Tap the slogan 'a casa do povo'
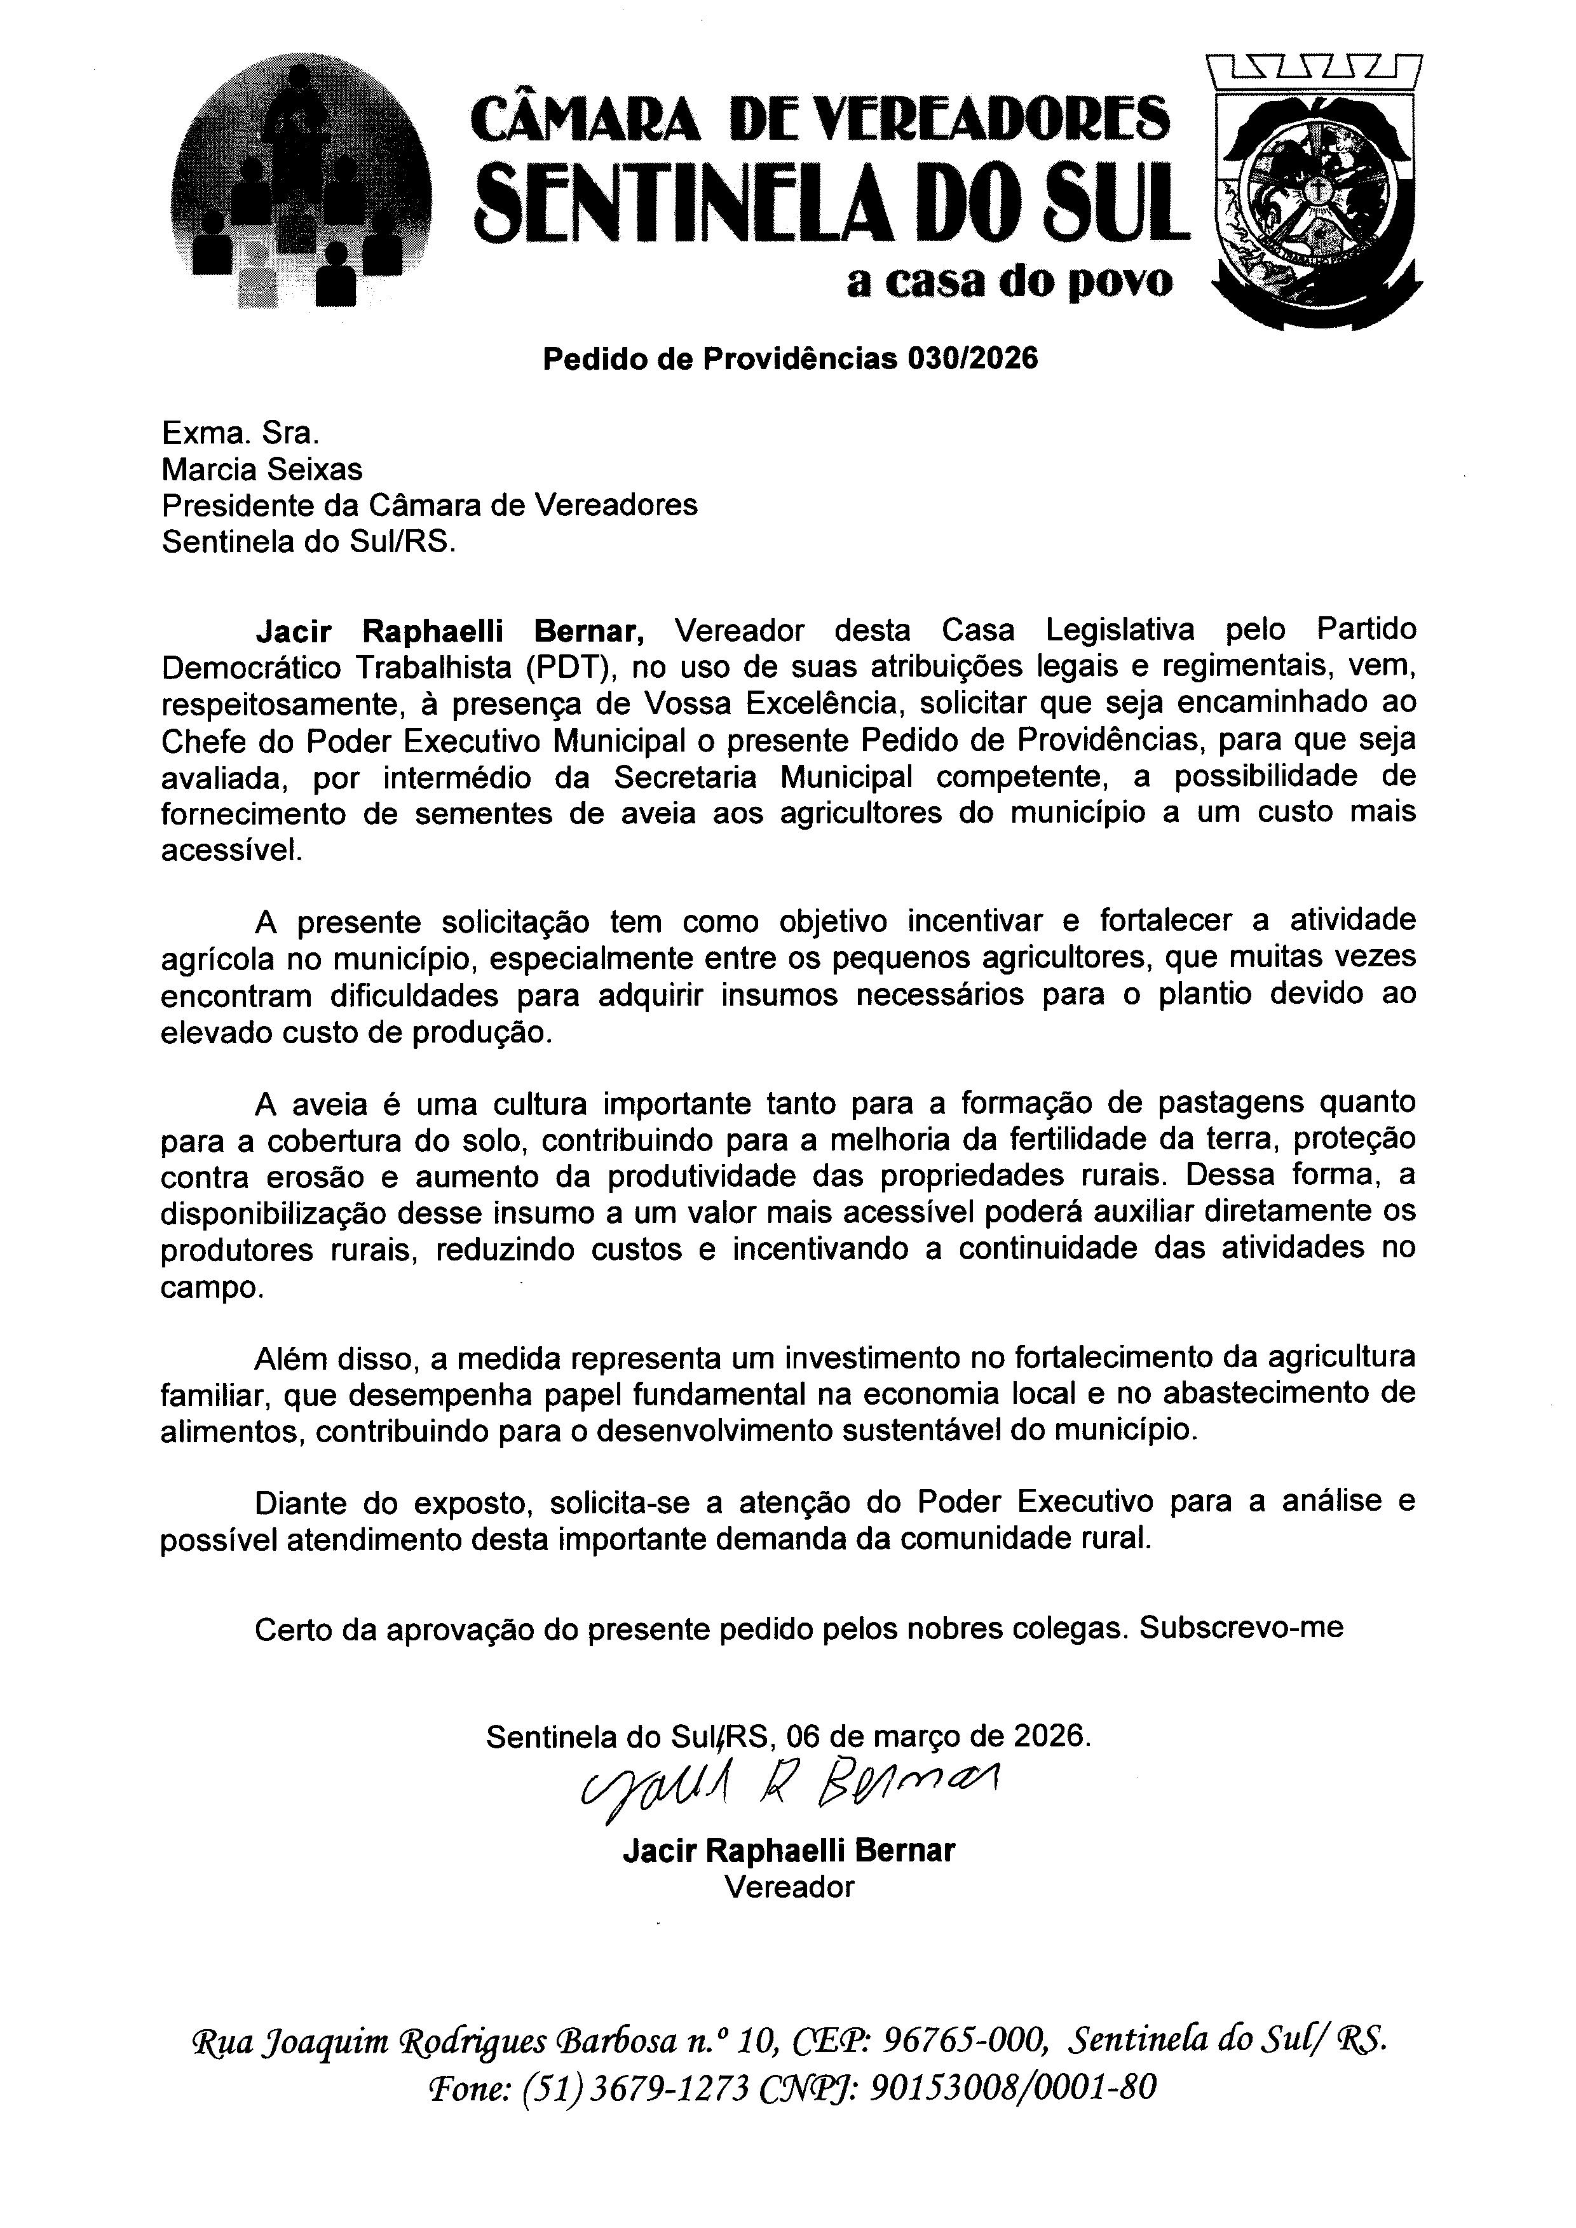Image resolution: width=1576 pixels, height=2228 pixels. (x=1009, y=281)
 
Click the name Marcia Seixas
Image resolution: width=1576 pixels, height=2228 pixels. (x=262, y=469)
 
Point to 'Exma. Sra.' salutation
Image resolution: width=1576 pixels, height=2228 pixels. (x=239, y=433)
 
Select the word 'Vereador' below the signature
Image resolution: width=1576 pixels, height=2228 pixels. (x=789, y=1886)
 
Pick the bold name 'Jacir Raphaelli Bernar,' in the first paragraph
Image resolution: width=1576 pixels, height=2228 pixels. (x=451, y=631)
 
